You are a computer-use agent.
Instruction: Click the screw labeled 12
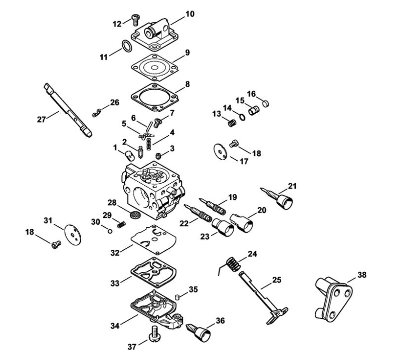click(136, 20)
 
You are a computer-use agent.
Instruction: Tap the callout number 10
click(190, 14)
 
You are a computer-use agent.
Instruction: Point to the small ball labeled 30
click(110, 231)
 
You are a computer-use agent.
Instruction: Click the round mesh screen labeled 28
click(136, 214)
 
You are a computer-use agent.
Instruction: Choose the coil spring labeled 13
click(232, 123)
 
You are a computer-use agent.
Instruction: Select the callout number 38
click(362, 275)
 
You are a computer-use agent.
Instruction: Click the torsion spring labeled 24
click(232, 264)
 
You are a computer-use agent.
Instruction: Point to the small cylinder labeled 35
click(178, 297)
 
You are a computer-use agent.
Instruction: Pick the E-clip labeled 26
click(97, 113)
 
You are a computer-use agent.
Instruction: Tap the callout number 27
click(41, 119)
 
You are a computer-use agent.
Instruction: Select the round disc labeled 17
click(220, 151)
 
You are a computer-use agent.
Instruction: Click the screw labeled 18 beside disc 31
click(56, 244)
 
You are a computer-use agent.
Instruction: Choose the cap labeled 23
click(223, 227)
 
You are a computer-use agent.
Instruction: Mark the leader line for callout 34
click(129, 319)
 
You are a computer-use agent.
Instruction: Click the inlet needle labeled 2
click(140, 152)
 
